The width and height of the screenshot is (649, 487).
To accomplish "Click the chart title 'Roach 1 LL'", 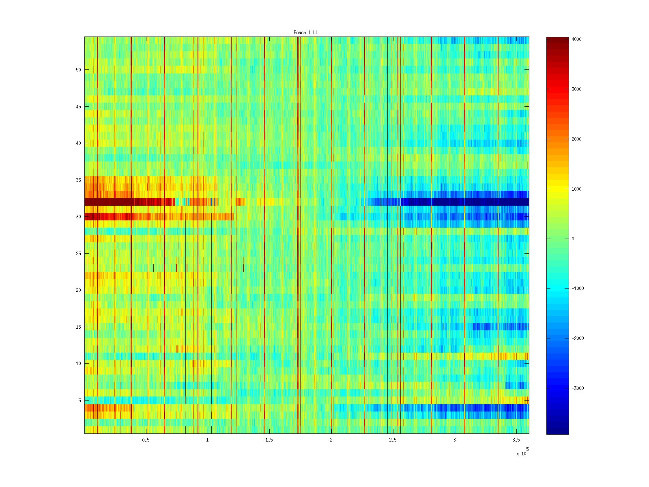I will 305,32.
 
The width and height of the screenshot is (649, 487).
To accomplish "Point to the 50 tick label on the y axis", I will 78,70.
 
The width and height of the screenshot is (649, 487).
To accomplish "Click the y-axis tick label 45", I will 78,107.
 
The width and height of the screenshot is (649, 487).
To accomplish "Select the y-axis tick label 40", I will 78,143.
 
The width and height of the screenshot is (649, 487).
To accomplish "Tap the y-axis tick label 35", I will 78,180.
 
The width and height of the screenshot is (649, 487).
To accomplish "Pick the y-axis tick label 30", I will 78,217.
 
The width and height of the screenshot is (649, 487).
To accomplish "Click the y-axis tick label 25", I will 78,254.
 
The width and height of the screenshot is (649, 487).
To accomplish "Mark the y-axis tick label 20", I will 78,290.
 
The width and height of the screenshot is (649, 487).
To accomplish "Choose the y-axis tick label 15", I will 78,327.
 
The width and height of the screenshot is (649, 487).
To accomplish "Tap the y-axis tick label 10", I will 78,364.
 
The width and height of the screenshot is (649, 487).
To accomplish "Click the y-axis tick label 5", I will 80,401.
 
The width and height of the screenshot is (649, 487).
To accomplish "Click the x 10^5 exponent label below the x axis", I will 522,453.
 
